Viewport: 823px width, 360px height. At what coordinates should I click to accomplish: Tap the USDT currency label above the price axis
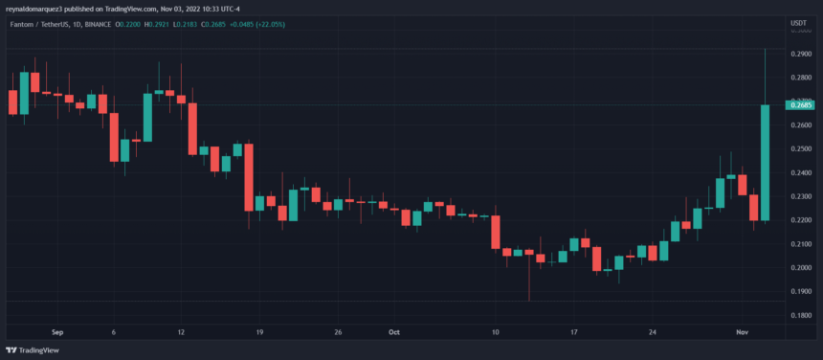[797, 21]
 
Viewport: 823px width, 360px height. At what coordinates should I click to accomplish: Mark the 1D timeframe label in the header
[89, 22]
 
